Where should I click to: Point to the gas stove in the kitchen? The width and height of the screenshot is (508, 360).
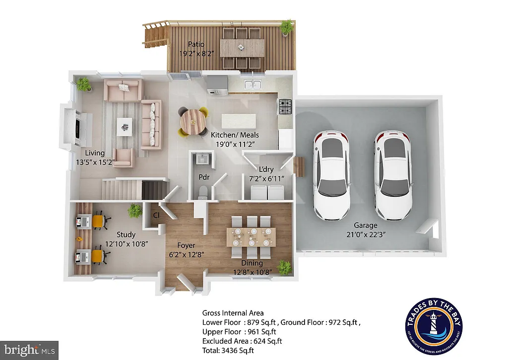coord(285,106)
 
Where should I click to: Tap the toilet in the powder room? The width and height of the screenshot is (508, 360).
coord(201,191)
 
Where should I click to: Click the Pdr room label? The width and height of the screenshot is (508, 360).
coord(204,176)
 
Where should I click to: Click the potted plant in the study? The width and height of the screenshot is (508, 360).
coord(134,212)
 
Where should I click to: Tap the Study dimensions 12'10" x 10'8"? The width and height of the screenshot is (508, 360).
coord(126,244)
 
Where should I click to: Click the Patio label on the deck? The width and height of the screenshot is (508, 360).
coord(196,45)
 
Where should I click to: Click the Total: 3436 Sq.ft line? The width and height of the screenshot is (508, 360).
coord(228,350)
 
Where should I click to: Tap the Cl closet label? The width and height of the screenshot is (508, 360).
coord(156,216)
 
